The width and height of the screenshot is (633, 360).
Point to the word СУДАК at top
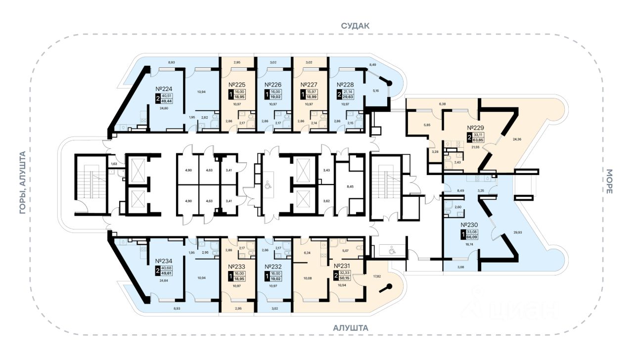355,26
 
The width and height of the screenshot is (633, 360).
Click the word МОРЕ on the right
609,181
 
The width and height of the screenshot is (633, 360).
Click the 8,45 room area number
350,187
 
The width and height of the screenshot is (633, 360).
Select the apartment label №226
273,85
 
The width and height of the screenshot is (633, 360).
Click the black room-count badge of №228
339,94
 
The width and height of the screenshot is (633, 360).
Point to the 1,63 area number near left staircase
113,164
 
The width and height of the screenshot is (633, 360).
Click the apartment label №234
163,261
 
